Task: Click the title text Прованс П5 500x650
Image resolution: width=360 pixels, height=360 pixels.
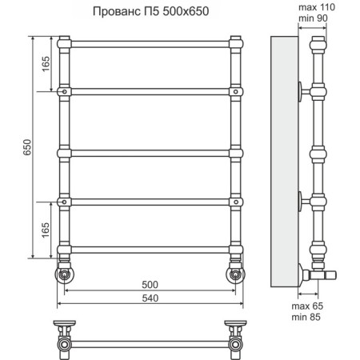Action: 150,11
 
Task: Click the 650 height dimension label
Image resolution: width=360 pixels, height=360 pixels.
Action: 27,147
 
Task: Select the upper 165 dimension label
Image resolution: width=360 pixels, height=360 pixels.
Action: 46,64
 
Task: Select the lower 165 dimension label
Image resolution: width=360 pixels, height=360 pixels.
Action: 46,230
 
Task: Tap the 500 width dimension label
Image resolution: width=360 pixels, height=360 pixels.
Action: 150,285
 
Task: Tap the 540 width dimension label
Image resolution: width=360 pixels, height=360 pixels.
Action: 150,298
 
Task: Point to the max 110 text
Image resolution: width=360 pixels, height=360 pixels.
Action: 317,7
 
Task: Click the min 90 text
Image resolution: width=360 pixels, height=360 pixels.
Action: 313,18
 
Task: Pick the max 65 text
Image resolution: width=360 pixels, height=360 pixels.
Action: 307,306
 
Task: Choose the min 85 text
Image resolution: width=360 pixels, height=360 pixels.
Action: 306,318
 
